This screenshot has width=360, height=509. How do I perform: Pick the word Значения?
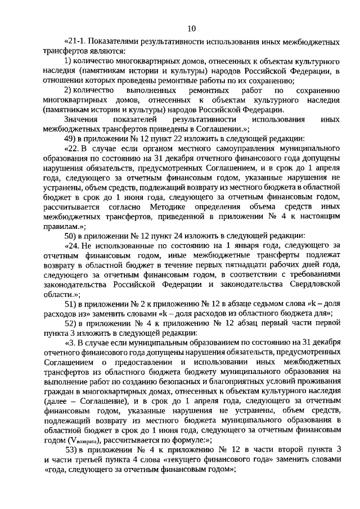click(x=80, y=119)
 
